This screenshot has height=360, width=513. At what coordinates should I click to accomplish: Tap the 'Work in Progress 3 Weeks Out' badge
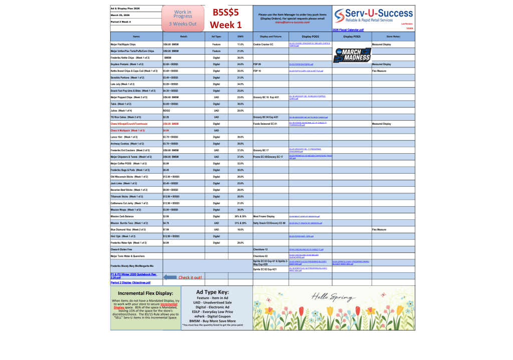pos(182,18)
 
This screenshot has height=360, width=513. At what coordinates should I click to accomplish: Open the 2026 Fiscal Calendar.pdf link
pos(348,30)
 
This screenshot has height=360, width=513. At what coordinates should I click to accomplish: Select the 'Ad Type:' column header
pos(216,37)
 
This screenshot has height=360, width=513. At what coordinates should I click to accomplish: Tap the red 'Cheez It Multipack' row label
pos(127,130)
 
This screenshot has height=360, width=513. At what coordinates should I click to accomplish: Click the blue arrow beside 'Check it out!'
pos(170,277)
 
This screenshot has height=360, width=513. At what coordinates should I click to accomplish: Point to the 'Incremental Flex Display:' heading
pos(146,293)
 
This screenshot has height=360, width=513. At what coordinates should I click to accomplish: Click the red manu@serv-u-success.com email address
pos(293,23)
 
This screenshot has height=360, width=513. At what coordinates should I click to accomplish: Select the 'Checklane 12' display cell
pos(261,249)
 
